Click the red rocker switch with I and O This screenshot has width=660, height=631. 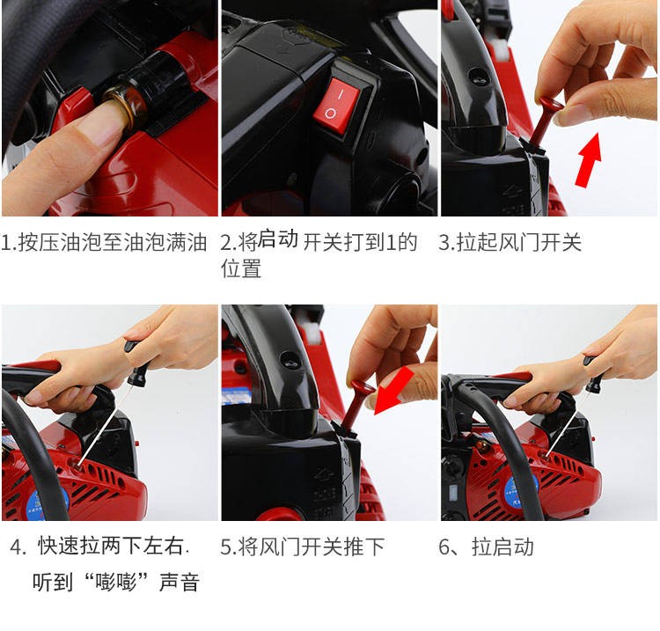(x=337, y=105)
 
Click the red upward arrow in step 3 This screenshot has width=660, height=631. (x=589, y=159)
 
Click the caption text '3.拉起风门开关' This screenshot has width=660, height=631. (x=510, y=242)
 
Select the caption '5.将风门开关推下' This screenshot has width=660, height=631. (x=302, y=547)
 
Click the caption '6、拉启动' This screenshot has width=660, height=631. (x=486, y=547)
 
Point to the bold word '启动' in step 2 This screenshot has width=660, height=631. (x=277, y=238)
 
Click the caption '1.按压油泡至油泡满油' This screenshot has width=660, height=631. (x=104, y=242)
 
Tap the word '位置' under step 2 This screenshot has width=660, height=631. (x=241, y=268)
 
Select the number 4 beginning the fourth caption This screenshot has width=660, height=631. (x=16, y=547)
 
